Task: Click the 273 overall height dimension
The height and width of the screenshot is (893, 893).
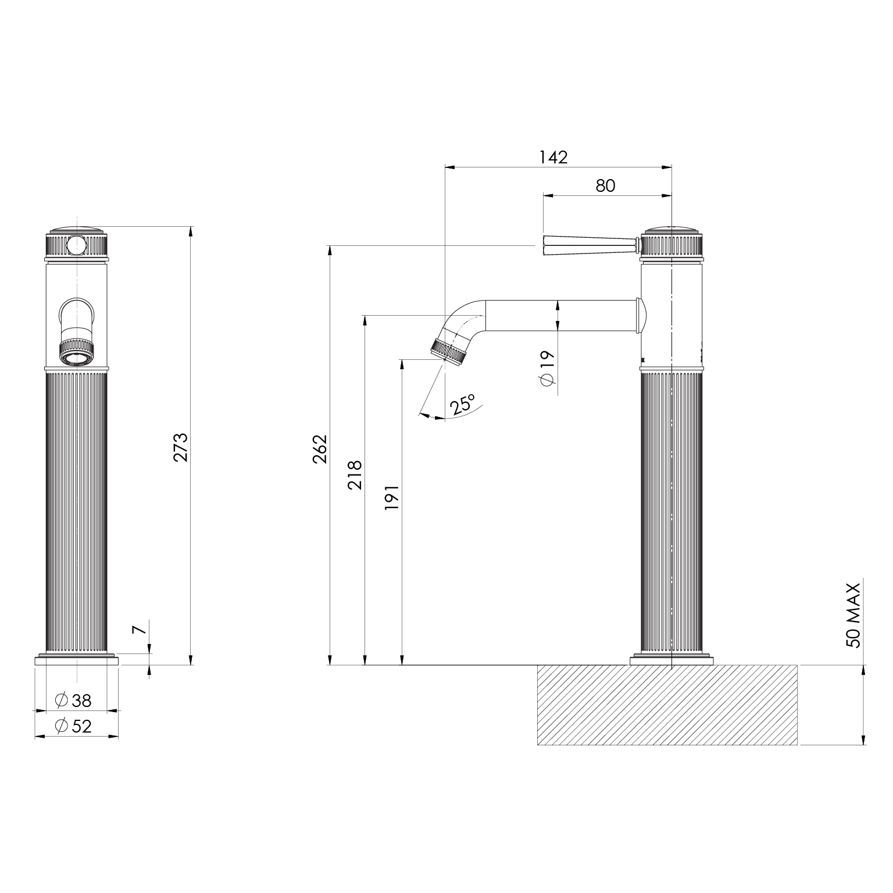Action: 181,446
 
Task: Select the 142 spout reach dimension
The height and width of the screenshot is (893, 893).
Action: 553,157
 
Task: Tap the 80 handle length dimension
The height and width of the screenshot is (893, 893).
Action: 605,185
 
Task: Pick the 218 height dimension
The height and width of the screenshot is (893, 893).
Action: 355,474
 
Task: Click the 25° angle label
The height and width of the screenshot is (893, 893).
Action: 463,403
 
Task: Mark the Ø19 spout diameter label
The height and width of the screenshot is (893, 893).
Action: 547,367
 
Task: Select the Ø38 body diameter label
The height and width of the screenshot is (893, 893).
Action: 74,701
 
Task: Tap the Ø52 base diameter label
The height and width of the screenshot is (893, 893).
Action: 74,726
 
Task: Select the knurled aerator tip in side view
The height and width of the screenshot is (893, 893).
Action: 449,352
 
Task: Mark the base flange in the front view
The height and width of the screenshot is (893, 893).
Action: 77,660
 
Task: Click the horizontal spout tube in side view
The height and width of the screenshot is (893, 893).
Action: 561,315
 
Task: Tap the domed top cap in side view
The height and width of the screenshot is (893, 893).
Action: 671,229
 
